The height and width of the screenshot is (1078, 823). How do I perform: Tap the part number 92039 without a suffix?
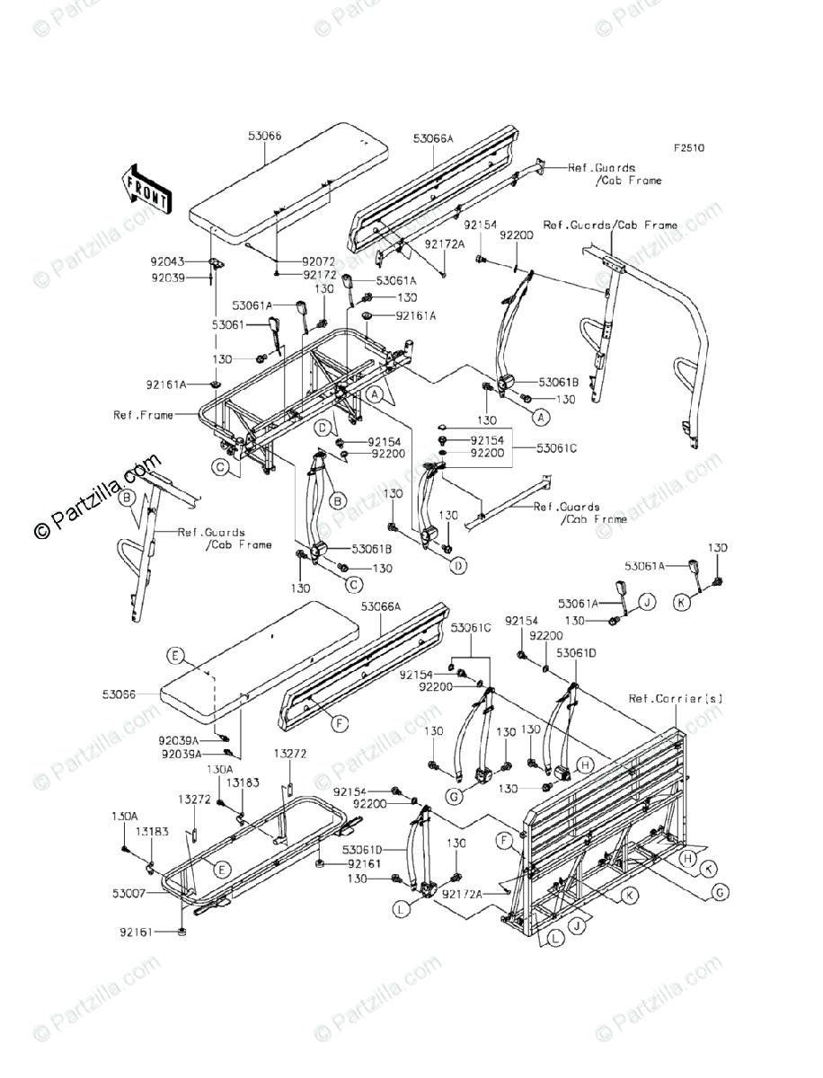(x=167, y=278)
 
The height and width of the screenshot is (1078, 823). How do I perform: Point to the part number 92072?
(x=318, y=261)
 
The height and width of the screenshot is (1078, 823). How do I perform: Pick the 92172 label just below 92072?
(x=318, y=275)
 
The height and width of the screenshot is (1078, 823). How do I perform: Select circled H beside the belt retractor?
(x=584, y=764)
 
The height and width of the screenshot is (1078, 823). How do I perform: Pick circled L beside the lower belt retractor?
(x=401, y=908)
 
